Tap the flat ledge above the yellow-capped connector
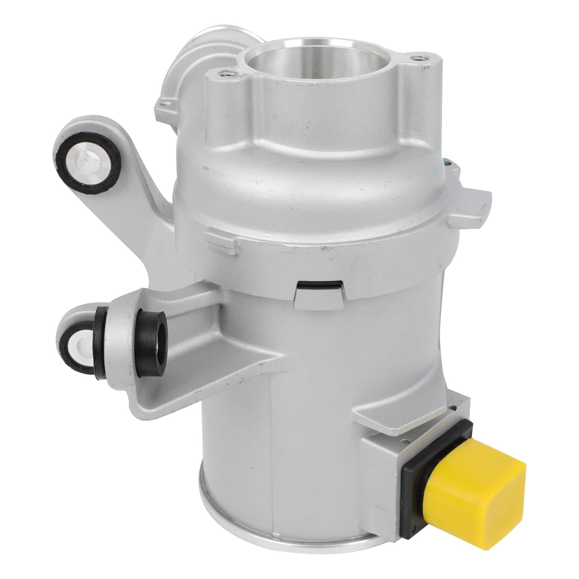(x=409, y=416)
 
